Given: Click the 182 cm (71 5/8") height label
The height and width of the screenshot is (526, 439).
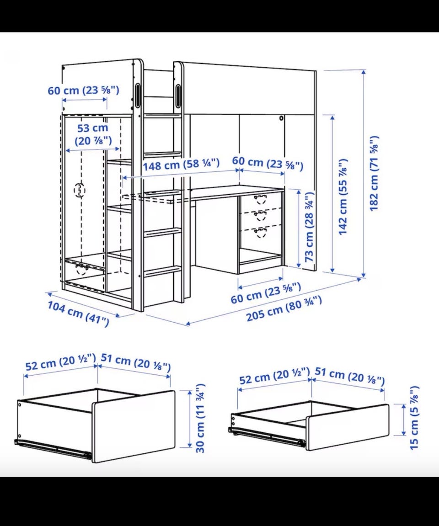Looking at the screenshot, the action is (x=374, y=173).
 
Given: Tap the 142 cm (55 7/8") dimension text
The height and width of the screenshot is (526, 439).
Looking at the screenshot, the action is (x=343, y=197).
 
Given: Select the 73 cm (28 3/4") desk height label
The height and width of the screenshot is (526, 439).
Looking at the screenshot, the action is (x=309, y=227).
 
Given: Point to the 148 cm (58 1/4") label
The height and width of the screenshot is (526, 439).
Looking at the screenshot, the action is (x=181, y=165).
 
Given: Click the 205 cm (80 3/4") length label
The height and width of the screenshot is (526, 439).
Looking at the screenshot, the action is (x=284, y=308).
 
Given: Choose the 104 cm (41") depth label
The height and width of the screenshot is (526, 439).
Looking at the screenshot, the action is (x=78, y=313).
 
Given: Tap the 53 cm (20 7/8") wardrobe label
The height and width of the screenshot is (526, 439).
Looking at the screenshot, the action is (x=93, y=134).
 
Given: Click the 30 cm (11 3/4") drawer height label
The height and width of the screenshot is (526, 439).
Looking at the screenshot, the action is (x=200, y=418).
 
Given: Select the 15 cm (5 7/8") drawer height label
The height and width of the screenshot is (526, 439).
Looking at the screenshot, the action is (x=414, y=417).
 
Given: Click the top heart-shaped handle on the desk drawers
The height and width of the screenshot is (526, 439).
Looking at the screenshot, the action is (x=261, y=199).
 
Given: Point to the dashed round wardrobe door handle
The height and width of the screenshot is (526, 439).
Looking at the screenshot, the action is (x=80, y=190).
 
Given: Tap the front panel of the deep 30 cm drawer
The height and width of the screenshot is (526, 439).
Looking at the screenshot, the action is (x=134, y=426).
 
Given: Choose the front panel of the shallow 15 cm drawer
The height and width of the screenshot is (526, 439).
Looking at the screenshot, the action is (x=348, y=427).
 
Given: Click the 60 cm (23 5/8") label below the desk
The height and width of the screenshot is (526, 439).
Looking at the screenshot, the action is (x=266, y=293).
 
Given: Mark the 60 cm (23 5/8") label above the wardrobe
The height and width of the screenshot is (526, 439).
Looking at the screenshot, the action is (x=83, y=90).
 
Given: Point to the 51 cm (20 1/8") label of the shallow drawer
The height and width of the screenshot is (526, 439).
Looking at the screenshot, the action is (x=349, y=376).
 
